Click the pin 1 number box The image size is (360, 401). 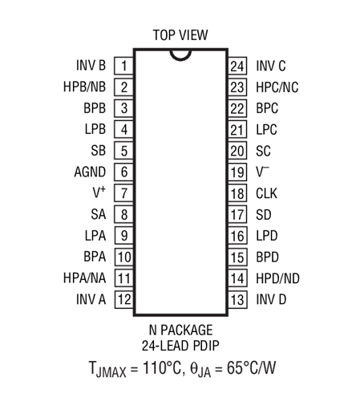123,66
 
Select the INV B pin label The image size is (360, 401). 91,66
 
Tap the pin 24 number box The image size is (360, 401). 237,66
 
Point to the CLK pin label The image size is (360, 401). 266,193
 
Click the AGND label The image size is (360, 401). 90,172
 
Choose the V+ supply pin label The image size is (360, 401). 99,192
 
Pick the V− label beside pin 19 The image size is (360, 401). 263,172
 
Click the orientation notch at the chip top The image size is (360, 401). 180,55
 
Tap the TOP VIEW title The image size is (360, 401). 180,35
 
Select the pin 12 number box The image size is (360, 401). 124,299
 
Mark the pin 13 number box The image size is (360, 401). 237,300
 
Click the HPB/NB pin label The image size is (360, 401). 84,87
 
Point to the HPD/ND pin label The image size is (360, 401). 277,278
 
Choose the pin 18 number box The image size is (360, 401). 237,193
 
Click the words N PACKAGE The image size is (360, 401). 180,330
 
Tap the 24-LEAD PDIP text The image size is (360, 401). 180,346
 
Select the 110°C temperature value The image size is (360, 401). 162,367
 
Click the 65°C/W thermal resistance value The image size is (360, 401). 251,367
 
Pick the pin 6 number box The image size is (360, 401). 124,172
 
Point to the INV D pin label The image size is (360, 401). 271,299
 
